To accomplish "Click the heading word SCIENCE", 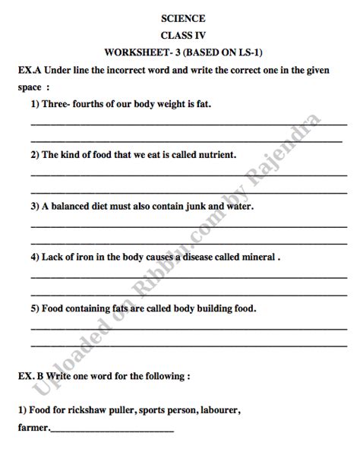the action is click(x=182, y=18).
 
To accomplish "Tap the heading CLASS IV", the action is click(x=182, y=36).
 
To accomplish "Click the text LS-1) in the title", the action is click(x=259, y=52).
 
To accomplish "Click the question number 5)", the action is click(x=35, y=308).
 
